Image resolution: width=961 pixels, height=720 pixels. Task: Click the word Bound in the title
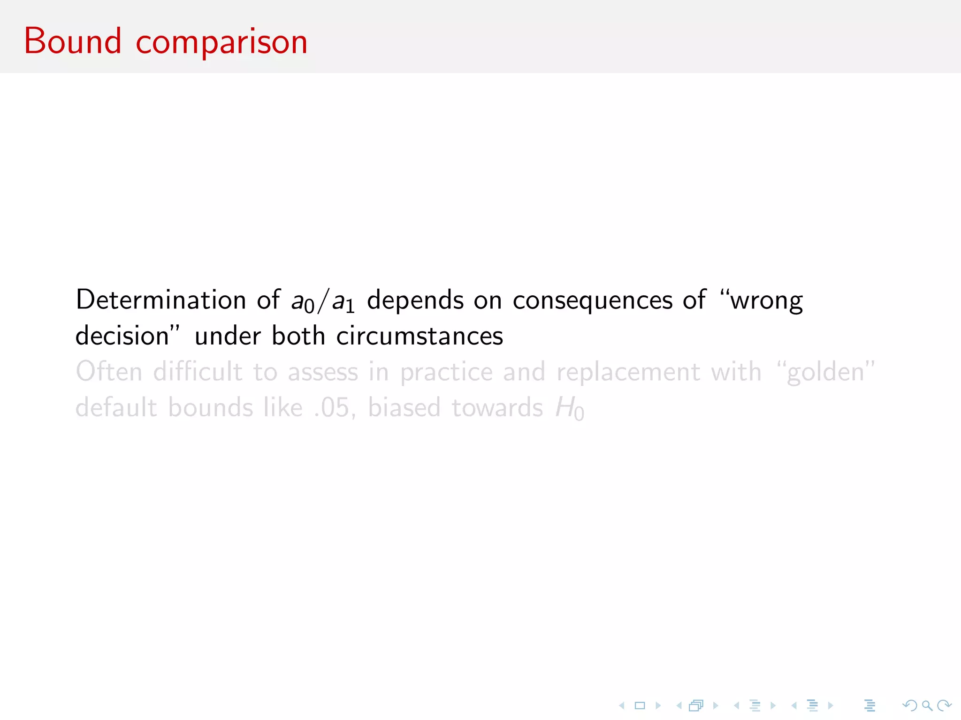pyautogui.click(x=73, y=41)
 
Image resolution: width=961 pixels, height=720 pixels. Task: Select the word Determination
pyautogui.click(x=161, y=300)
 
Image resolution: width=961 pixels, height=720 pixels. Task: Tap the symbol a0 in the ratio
pyautogui.click(x=303, y=302)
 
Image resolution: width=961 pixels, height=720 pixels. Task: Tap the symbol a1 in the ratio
pyautogui.click(x=343, y=302)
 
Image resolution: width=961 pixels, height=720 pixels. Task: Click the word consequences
pyautogui.click(x=592, y=301)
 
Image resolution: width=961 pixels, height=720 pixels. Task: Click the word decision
pyautogui.click(x=122, y=336)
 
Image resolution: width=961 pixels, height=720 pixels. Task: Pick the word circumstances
pyautogui.click(x=419, y=336)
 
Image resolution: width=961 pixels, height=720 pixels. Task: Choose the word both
pyautogui.click(x=298, y=336)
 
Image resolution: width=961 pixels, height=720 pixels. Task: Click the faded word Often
pyautogui.click(x=109, y=372)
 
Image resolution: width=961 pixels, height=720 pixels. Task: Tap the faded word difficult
pyautogui.click(x=198, y=372)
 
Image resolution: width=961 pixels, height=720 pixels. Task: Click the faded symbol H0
pyautogui.click(x=569, y=408)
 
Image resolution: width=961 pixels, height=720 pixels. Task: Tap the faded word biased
pyautogui.click(x=404, y=407)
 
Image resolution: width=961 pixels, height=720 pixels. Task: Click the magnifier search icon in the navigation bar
pyautogui.click(x=927, y=705)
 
